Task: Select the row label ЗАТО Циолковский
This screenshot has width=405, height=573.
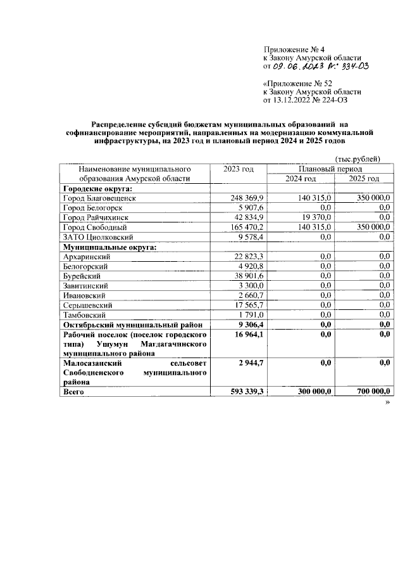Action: point(90,236)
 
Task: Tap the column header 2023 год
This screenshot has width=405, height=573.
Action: point(239,169)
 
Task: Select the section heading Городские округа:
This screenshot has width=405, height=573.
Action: point(92,189)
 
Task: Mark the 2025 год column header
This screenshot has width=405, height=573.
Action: point(364,179)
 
